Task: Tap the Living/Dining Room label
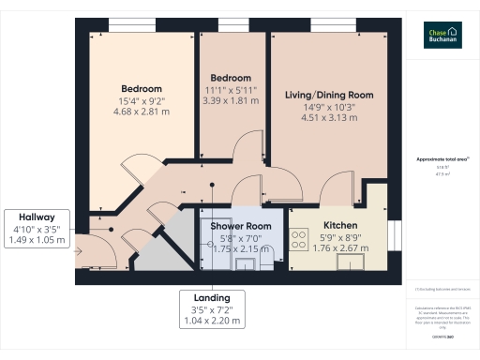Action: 337,96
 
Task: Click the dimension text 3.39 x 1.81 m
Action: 230,100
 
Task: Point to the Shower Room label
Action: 241,227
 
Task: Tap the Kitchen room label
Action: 339,227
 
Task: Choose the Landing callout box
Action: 210,308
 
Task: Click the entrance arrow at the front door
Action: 80,250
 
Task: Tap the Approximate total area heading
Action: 442,159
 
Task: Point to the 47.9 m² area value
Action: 442,173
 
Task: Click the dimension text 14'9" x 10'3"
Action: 337,107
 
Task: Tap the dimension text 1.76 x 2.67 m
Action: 339,249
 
